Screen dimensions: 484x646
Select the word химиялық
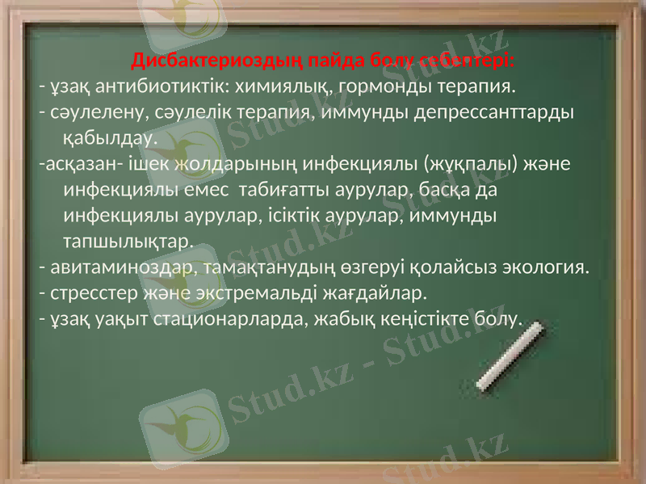click(x=275, y=85)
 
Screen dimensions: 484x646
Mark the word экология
click(x=547, y=266)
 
